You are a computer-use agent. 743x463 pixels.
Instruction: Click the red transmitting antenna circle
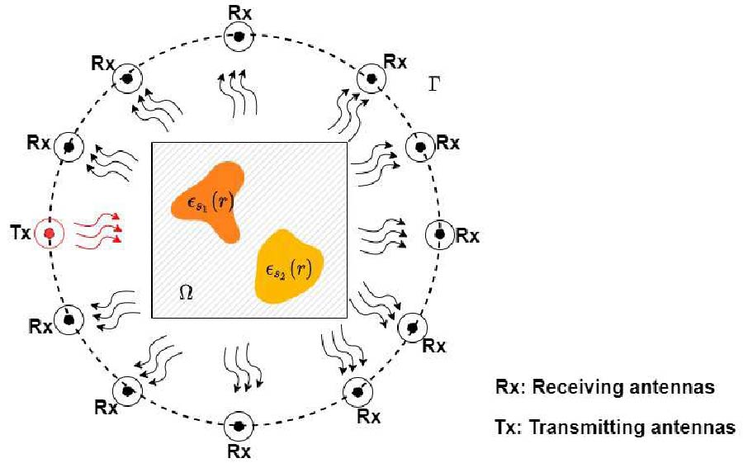pyautogui.click(x=51, y=234)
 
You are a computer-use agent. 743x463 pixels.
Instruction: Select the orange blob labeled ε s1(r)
pyautogui.click(x=209, y=200)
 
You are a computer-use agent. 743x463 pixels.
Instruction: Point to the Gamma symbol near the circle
pyautogui.click(x=436, y=85)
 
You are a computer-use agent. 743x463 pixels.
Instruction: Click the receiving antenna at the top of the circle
pyautogui.click(x=239, y=36)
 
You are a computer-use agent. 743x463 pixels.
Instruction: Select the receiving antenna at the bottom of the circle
pyautogui.click(x=239, y=426)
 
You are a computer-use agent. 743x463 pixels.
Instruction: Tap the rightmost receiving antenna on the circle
pyautogui.click(x=439, y=235)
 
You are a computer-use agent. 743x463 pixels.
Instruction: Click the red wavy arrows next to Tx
pyautogui.click(x=97, y=231)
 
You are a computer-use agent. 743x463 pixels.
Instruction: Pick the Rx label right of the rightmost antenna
pyautogui.click(x=467, y=236)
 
